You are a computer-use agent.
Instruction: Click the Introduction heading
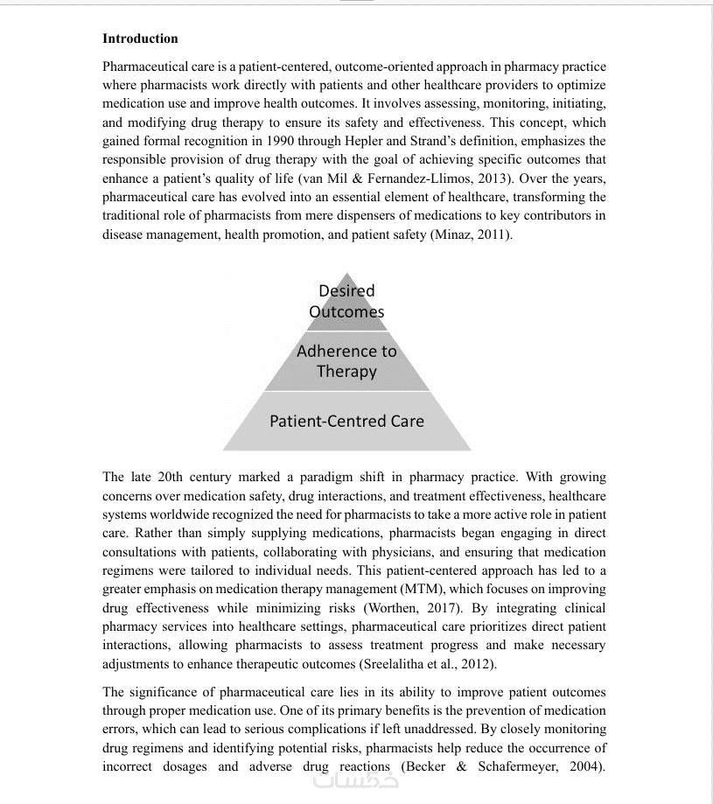[140, 38]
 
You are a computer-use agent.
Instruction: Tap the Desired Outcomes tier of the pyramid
[346, 302]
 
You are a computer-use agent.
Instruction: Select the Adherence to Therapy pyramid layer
[346, 361]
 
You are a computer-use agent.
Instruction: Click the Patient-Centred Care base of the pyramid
[346, 421]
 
